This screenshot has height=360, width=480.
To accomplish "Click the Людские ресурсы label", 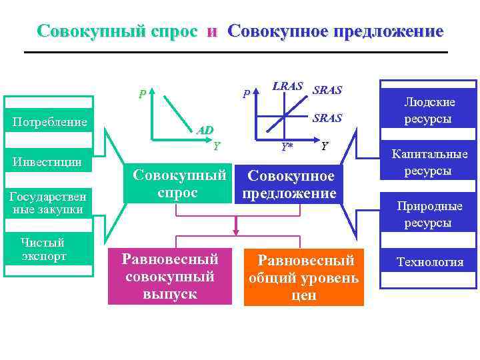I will [x=429, y=111].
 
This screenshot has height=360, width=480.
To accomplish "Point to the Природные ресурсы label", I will [x=429, y=214].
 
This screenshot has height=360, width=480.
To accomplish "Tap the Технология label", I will [x=429, y=262].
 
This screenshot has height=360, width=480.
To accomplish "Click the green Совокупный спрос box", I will [x=177, y=183].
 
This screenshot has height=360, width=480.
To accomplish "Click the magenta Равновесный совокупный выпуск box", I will [x=170, y=275].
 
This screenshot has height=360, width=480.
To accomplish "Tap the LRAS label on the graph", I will [x=288, y=86].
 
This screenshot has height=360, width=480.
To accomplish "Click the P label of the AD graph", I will [x=141, y=94].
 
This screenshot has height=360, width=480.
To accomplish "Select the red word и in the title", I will [x=212, y=31].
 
